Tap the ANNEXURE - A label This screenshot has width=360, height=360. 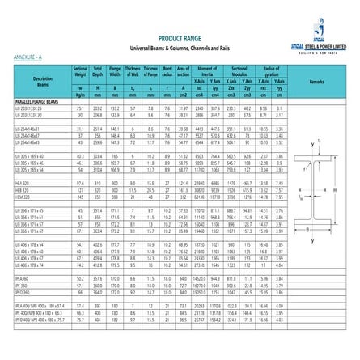pos(28,57)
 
